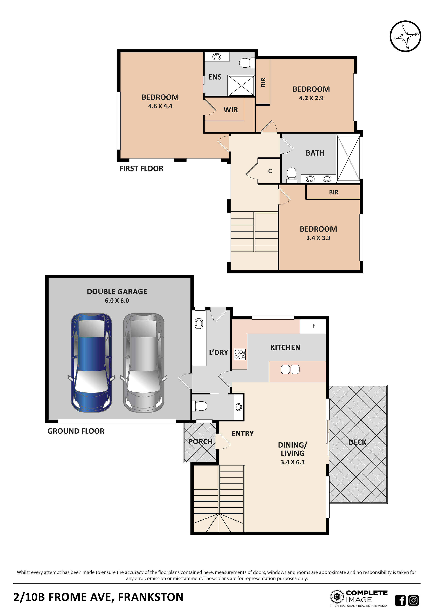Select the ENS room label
pos(215,77)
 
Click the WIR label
pos(231,110)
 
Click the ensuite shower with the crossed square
pos(241,85)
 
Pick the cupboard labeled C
pos(270,171)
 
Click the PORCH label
pos(200,442)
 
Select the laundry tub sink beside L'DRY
pos(199,324)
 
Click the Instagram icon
pos(413,600)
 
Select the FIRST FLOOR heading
pos(141,168)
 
